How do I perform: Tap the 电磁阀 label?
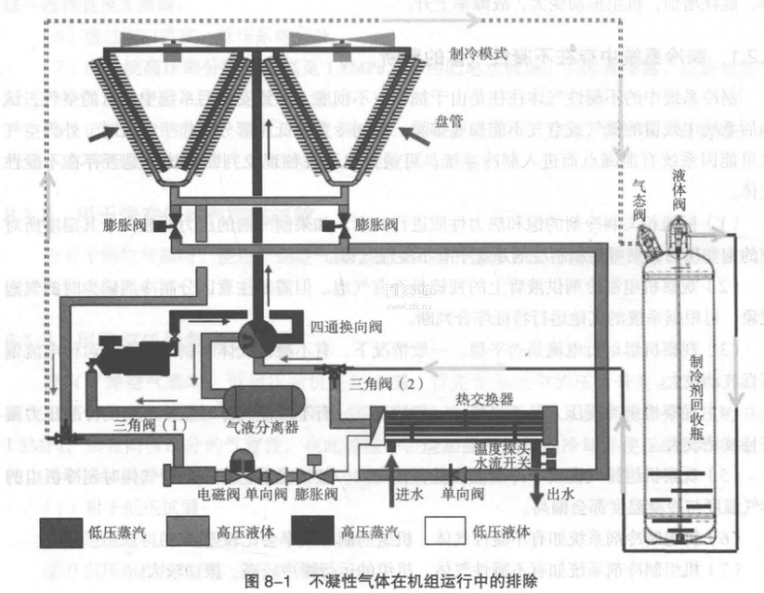coord(214,495)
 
